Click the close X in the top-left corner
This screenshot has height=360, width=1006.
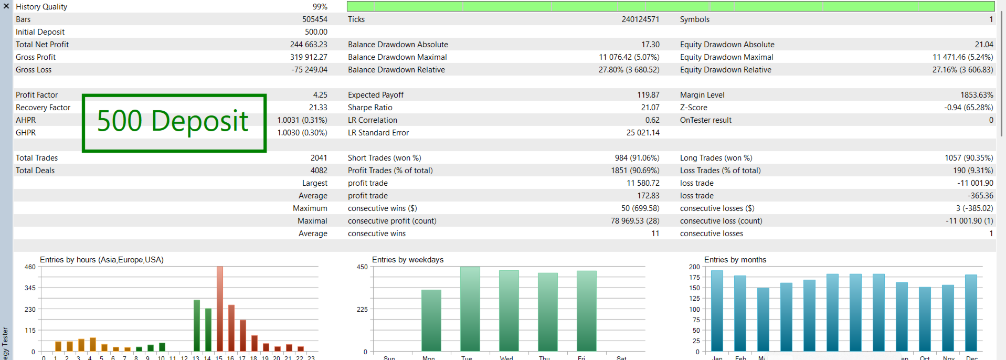pos(6,6)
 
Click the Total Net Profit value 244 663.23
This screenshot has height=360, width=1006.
pos(309,45)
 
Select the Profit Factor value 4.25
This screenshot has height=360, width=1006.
pos(320,95)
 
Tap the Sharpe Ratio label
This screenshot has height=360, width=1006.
pos(370,108)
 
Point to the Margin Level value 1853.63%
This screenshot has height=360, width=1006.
pos(977,95)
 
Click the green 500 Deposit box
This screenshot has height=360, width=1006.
pos(174,123)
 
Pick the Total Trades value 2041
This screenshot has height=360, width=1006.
pos(319,158)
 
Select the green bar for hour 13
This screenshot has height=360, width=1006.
pos(197,325)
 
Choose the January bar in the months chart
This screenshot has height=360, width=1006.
pos(717,311)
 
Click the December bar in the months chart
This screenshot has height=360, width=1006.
pos(971,313)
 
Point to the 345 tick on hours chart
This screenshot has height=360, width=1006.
pos(30,288)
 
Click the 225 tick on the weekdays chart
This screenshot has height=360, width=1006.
pos(362,309)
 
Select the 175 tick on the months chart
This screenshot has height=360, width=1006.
pos(694,277)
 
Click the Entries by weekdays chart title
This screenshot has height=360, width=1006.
pos(408,260)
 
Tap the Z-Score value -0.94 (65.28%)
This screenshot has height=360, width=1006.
pos(968,108)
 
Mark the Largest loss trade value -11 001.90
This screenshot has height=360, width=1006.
pos(975,183)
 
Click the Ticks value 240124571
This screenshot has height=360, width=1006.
pos(640,19)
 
